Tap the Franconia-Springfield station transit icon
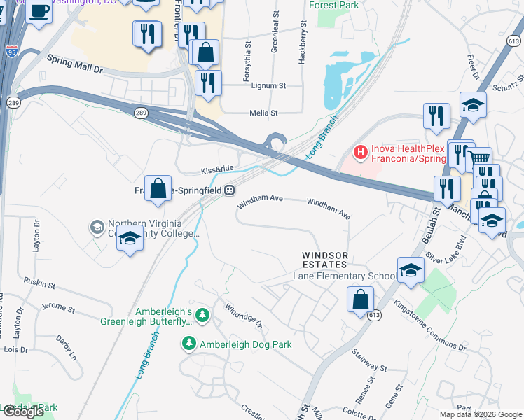[229, 190]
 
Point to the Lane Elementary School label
[344, 276]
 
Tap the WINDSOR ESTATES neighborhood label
[324, 260]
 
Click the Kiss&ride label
[216, 169]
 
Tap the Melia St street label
[264, 113]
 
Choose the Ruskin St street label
[39, 284]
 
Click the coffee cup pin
[39, 12]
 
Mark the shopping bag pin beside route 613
[359, 299]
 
